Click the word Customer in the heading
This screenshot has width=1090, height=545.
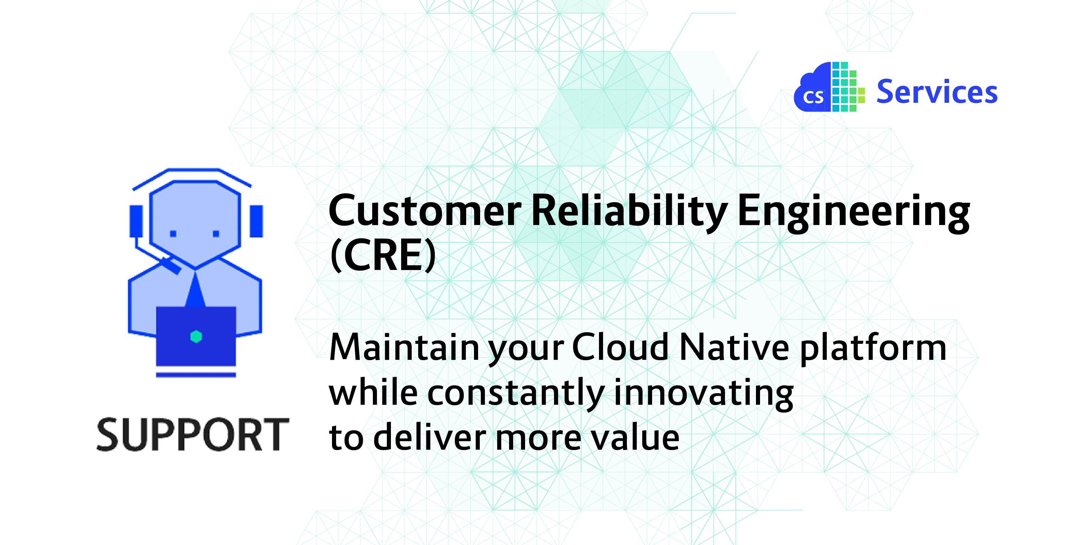(425, 210)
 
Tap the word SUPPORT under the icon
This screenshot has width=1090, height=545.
(193, 435)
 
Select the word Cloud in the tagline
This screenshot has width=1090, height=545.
(620, 347)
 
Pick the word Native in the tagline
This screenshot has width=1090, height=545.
(734, 347)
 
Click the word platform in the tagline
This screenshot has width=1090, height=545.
(873, 349)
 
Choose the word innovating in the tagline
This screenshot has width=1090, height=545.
(703, 394)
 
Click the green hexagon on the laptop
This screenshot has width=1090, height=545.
(196, 337)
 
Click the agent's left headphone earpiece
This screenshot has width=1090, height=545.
(136, 221)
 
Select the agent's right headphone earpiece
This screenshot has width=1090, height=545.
(256, 221)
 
